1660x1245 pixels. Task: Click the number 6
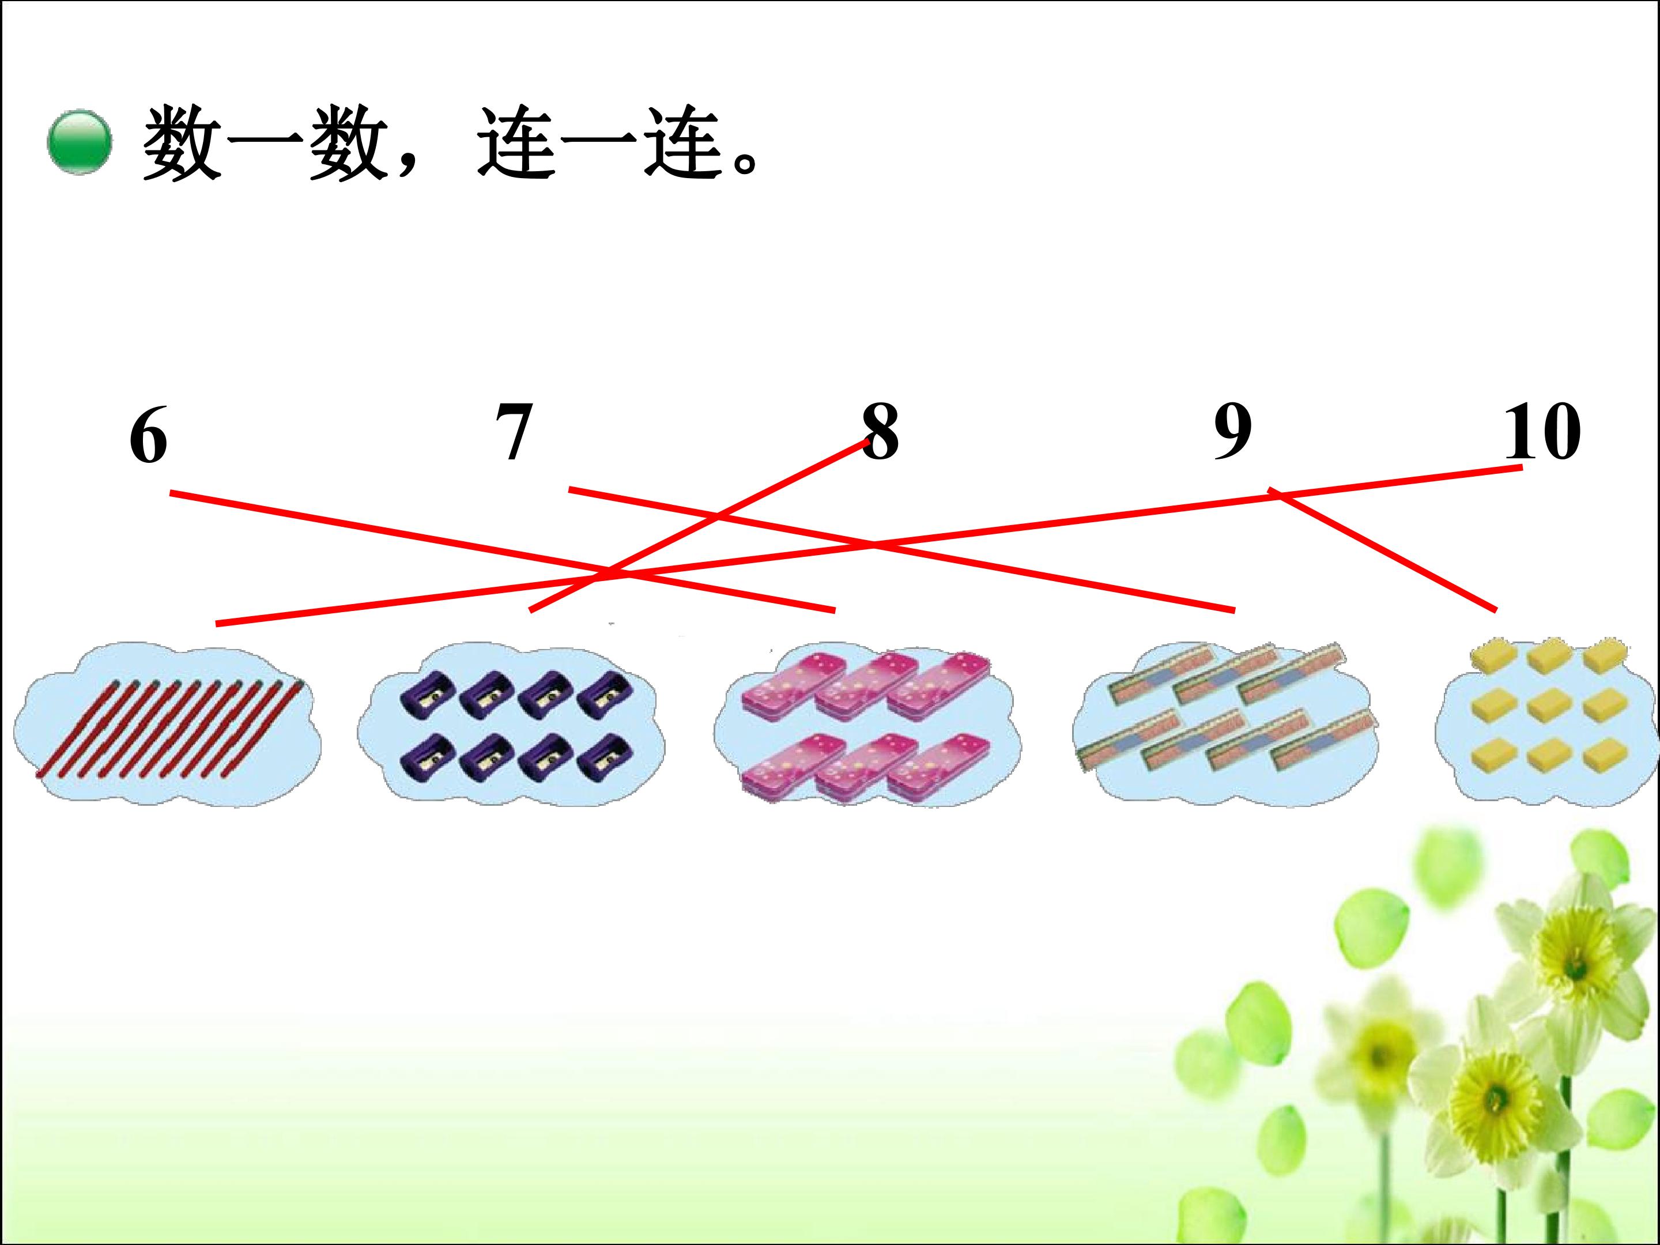point(149,437)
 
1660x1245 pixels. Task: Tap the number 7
point(515,432)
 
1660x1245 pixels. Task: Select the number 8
point(880,432)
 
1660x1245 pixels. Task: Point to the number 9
point(1233,432)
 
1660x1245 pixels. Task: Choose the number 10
point(1543,432)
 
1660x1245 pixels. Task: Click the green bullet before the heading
point(80,142)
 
